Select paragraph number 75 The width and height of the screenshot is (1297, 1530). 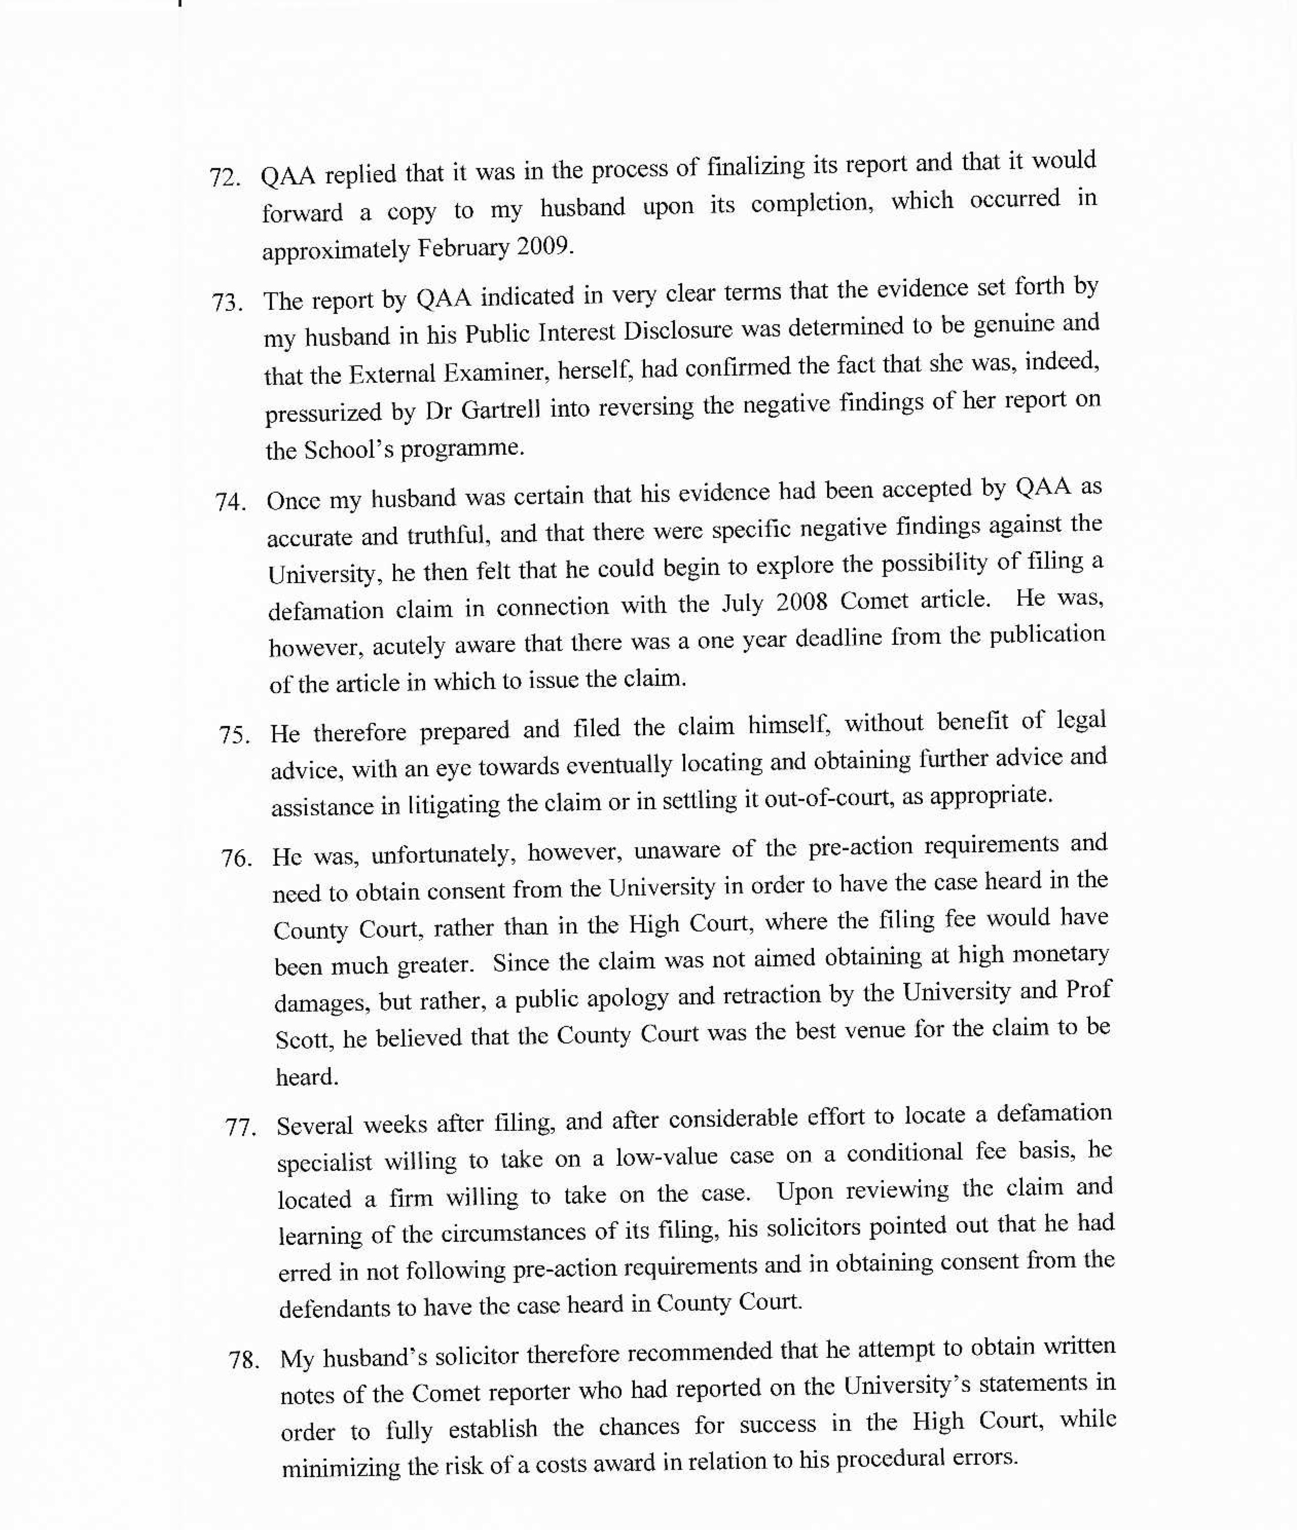coord(234,735)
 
